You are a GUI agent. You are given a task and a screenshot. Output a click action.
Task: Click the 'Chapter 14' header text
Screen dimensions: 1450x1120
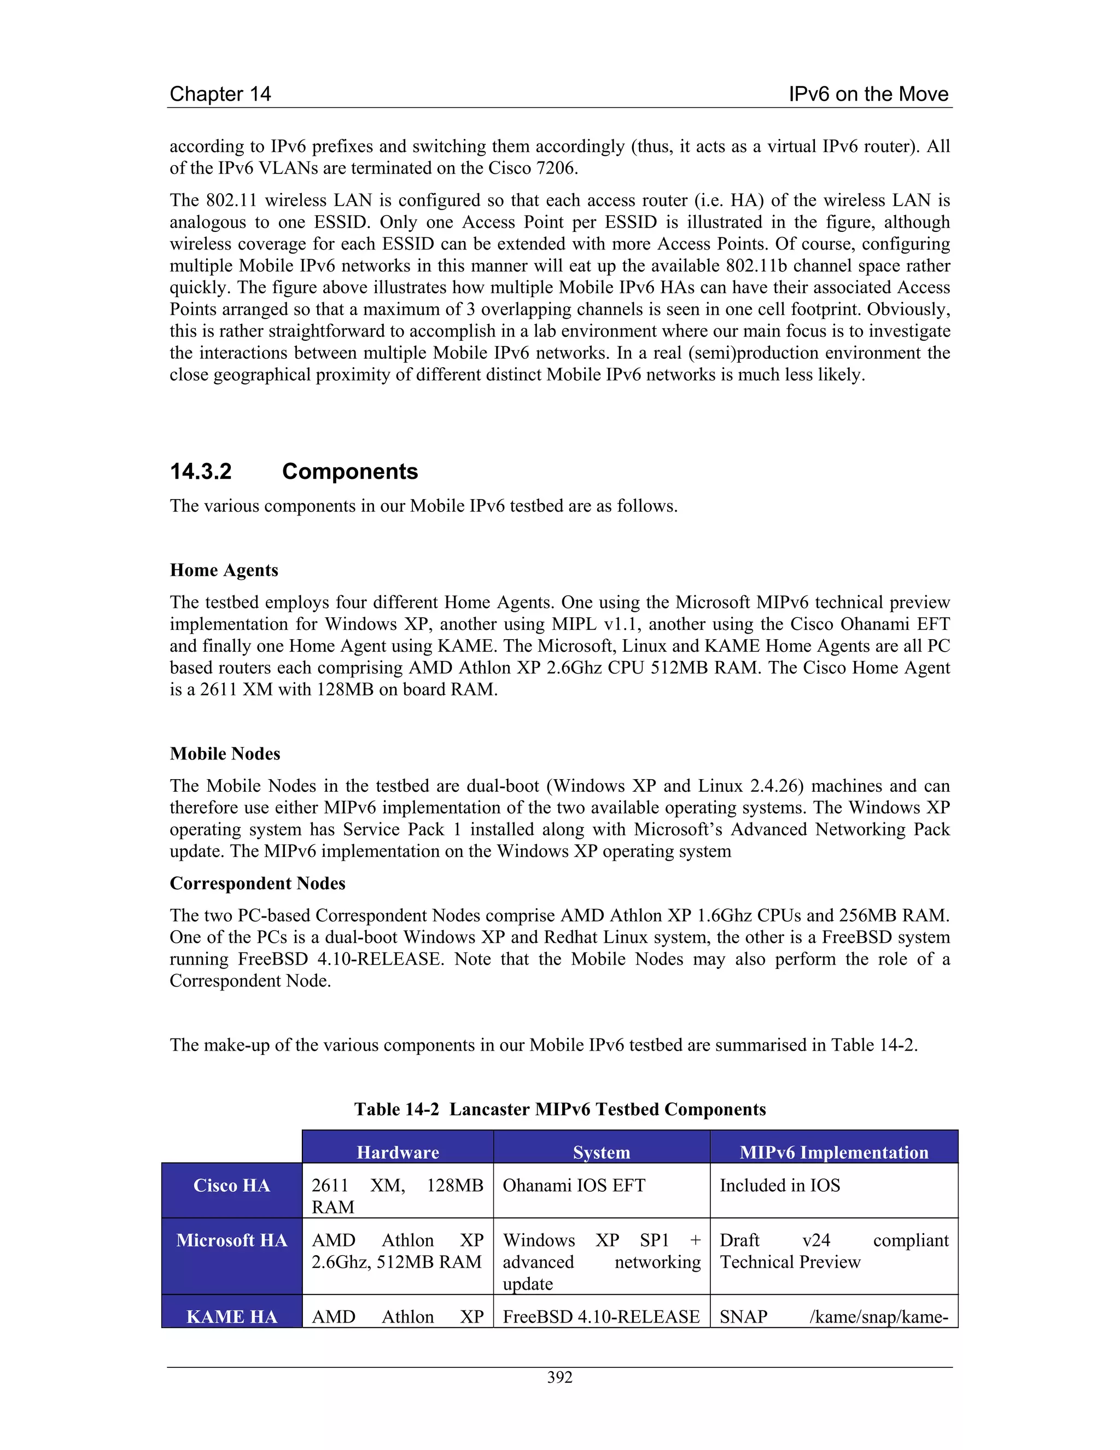click(220, 94)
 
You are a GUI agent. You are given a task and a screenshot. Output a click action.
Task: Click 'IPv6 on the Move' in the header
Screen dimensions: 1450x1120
click(868, 94)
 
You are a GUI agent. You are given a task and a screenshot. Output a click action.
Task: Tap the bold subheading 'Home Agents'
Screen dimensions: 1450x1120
click(224, 570)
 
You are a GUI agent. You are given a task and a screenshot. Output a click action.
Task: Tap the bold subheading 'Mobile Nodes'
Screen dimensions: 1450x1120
click(225, 753)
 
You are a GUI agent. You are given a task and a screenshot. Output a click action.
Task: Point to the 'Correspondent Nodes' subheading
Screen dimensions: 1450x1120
click(258, 883)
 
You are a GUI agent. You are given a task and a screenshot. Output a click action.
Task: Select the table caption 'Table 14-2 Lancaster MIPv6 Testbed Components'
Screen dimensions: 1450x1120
click(559, 1110)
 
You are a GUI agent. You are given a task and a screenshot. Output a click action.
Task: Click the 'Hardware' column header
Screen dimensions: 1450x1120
click(398, 1152)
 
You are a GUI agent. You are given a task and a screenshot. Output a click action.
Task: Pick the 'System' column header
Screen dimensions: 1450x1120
click(601, 1152)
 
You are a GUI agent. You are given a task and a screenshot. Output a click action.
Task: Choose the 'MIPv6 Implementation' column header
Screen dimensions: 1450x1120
click(833, 1152)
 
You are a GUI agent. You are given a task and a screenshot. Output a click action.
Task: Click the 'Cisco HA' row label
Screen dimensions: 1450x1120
click(231, 1186)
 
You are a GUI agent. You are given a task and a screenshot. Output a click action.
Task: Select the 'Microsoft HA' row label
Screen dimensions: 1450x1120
click(231, 1240)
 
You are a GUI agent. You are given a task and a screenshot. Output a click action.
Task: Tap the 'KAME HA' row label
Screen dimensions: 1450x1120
click(231, 1316)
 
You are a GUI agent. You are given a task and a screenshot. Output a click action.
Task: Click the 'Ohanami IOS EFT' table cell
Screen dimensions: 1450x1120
click(573, 1186)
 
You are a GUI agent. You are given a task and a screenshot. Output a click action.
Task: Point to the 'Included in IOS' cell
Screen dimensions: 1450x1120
click(780, 1186)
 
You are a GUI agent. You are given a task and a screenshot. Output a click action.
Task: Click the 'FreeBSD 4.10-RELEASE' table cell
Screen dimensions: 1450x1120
click(600, 1316)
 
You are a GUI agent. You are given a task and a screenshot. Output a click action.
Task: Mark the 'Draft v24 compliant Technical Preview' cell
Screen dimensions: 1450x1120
click(833, 1251)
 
